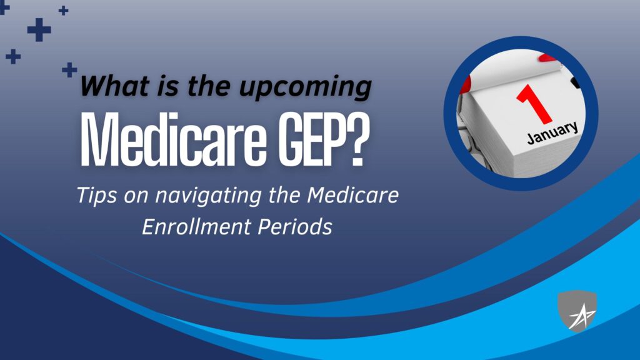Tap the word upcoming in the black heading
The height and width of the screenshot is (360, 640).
(x=305, y=87)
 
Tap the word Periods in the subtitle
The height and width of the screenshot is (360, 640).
(x=295, y=226)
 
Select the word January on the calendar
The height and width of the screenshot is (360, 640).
(x=552, y=132)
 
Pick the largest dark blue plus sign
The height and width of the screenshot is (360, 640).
(x=39, y=30)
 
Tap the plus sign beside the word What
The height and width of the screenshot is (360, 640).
(x=69, y=70)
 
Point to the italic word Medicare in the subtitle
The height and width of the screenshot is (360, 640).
(x=352, y=195)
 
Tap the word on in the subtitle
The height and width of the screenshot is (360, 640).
(x=136, y=197)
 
